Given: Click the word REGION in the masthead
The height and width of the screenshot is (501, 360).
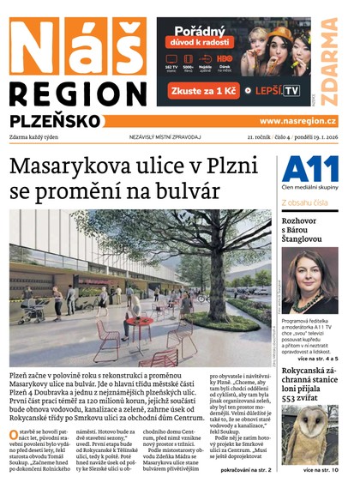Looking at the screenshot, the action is click(x=77, y=94).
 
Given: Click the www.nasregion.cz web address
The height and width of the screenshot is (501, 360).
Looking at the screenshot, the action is click(x=297, y=122).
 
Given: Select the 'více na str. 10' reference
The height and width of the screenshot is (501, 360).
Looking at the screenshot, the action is click(x=321, y=470).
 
